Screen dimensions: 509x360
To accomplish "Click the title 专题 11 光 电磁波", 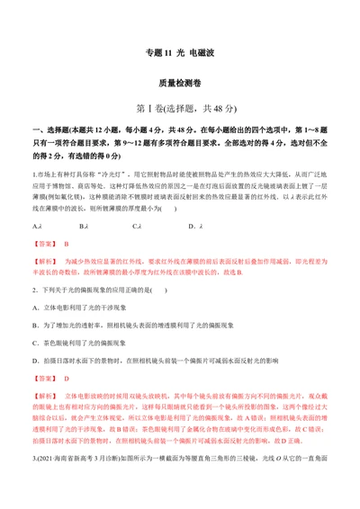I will click(x=179, y=52).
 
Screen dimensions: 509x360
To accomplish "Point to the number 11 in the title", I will click(x=167, y=52).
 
